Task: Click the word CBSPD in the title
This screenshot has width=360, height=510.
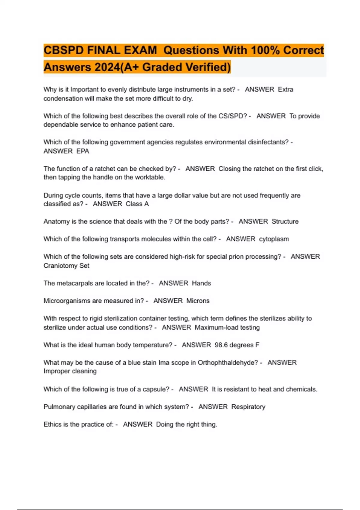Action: click(x=64, y=50)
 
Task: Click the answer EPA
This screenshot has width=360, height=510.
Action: click(x=83, y=151)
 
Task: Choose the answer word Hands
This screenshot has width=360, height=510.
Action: click(x=201, y=283)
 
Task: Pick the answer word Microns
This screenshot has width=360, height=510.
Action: click(x=198, y=301)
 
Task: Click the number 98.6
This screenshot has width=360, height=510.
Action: click(x=221, y=345)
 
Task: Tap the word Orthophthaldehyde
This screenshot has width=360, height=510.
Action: click(x=228, y=362)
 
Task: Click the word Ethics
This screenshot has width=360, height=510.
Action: click(x=53, y=424)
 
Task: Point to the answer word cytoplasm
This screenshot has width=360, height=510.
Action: click(x=274, y=239)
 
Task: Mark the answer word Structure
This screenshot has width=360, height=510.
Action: click(x=285, y=221)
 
